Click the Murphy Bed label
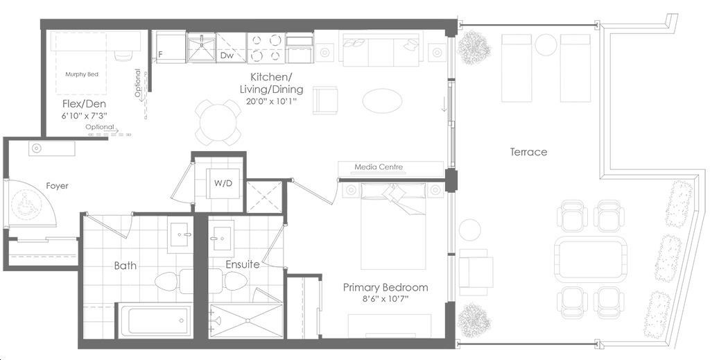click(x=82, y=74)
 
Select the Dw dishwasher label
click(x=227, y=55)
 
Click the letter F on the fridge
click(x=160, y=55)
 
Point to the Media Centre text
click(x=379, y=167)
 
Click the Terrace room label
click(x=528, y=152)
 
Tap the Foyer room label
click(x=57, y=186)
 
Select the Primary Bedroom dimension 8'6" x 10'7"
click(x=385, y=299)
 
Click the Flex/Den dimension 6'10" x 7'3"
click(x=84, y=115)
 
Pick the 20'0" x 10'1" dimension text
click(x=271, y=101)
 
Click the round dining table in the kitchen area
click(x=218, y=122)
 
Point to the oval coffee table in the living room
click(x=382, y=100)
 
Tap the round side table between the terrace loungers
click(x=546, y=45)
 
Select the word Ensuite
click(x=242, y=264)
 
